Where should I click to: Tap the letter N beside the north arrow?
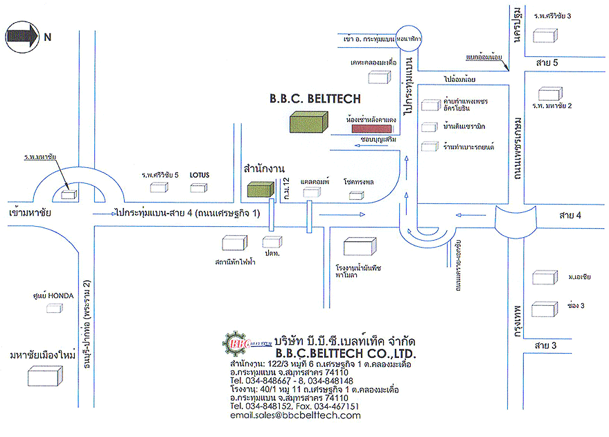(x=47, y=37)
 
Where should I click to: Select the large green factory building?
(x=309, y=123)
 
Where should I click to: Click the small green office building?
(x=261, y=189)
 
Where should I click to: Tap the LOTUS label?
(x=199, y=175)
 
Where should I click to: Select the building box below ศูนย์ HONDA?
(x=55, y=307)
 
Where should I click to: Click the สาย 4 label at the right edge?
(x=571, y=216)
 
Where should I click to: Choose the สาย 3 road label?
(x=547, y=345)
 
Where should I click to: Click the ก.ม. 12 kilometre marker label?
(x=286, y=189)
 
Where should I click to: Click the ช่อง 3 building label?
(x=576, y=306)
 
